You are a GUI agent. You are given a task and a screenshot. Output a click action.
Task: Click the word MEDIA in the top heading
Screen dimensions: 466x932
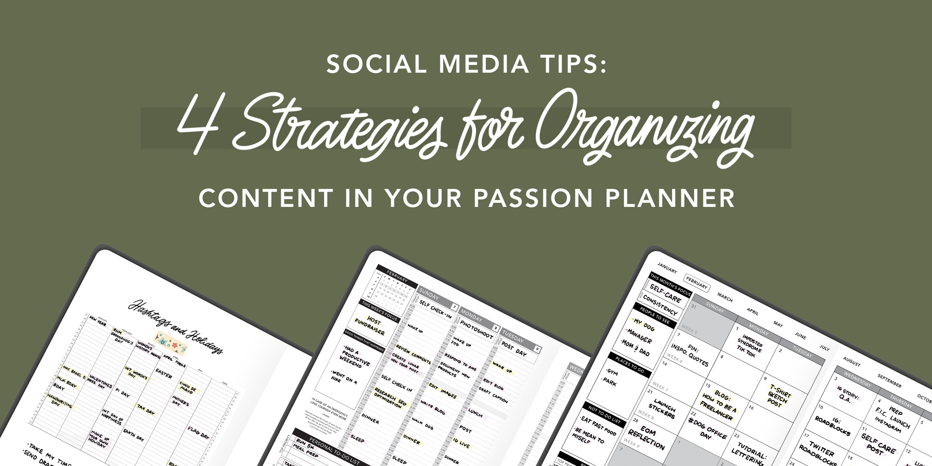click(484, 64)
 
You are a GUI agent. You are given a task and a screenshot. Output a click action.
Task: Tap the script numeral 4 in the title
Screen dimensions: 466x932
click(199, 123)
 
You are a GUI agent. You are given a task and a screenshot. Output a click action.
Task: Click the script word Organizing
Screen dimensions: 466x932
click(644, 127)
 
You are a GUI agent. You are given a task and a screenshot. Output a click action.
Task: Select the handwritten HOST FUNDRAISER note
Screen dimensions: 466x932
click(370, 325)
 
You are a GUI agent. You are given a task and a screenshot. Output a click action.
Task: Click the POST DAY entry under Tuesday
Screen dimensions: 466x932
click(514, 349)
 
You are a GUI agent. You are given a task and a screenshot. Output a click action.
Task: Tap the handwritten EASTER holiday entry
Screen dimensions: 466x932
click(163, 373)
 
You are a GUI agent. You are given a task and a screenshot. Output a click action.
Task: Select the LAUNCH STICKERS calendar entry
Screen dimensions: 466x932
click(662, 410)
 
